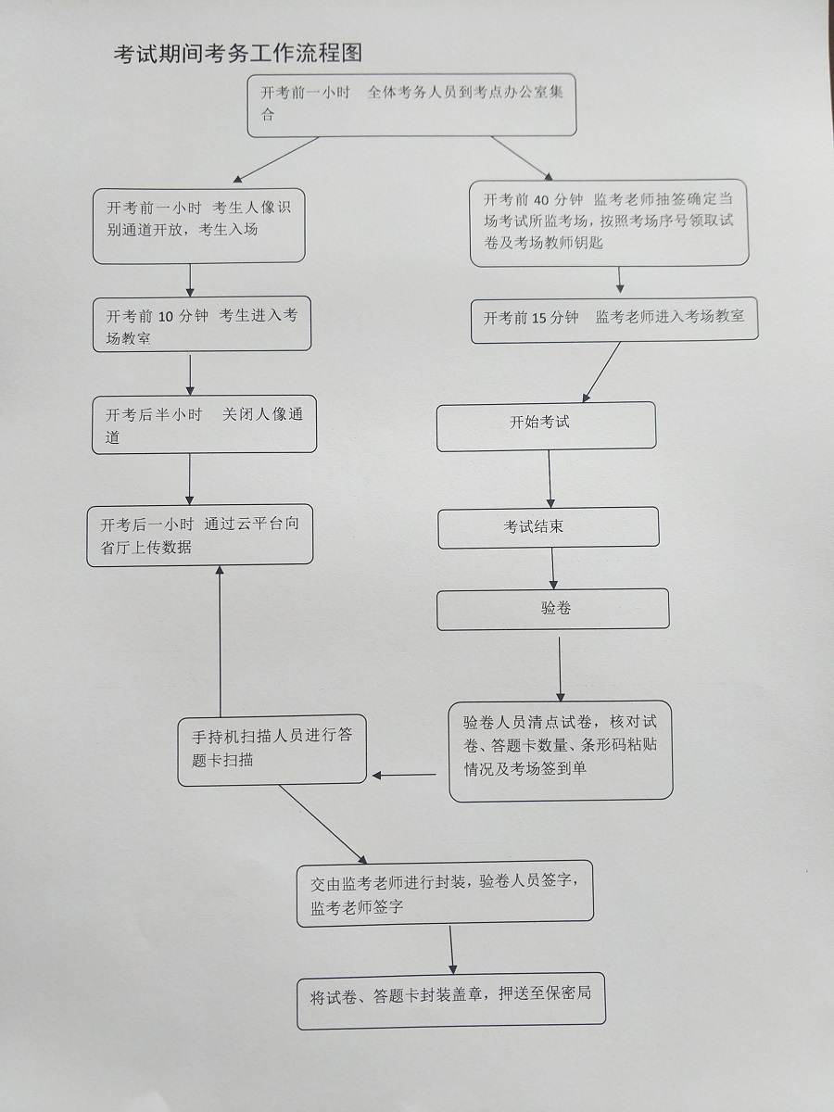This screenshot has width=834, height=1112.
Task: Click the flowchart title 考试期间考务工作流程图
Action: point(237,54)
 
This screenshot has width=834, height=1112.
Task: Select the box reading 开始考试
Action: point(546,425)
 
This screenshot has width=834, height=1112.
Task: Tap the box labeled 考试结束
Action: point(548,527)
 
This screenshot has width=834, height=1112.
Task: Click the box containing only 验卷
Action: point(552,610)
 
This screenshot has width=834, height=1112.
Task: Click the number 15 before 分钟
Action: point(540,318)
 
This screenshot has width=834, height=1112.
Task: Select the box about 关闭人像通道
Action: point(204,426)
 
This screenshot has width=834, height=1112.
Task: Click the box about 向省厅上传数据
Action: point(199,536)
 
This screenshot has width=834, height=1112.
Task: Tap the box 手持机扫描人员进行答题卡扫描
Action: point(272,750)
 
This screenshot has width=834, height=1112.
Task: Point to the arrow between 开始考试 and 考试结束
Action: point(550,479)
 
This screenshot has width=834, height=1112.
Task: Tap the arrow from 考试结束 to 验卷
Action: point(553,567)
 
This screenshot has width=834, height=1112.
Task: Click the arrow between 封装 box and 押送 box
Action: point(452,950)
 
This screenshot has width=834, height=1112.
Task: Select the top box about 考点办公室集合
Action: point(412,104)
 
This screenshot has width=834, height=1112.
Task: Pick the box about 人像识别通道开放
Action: point(198,226)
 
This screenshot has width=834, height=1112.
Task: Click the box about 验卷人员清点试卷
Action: point(561,751)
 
